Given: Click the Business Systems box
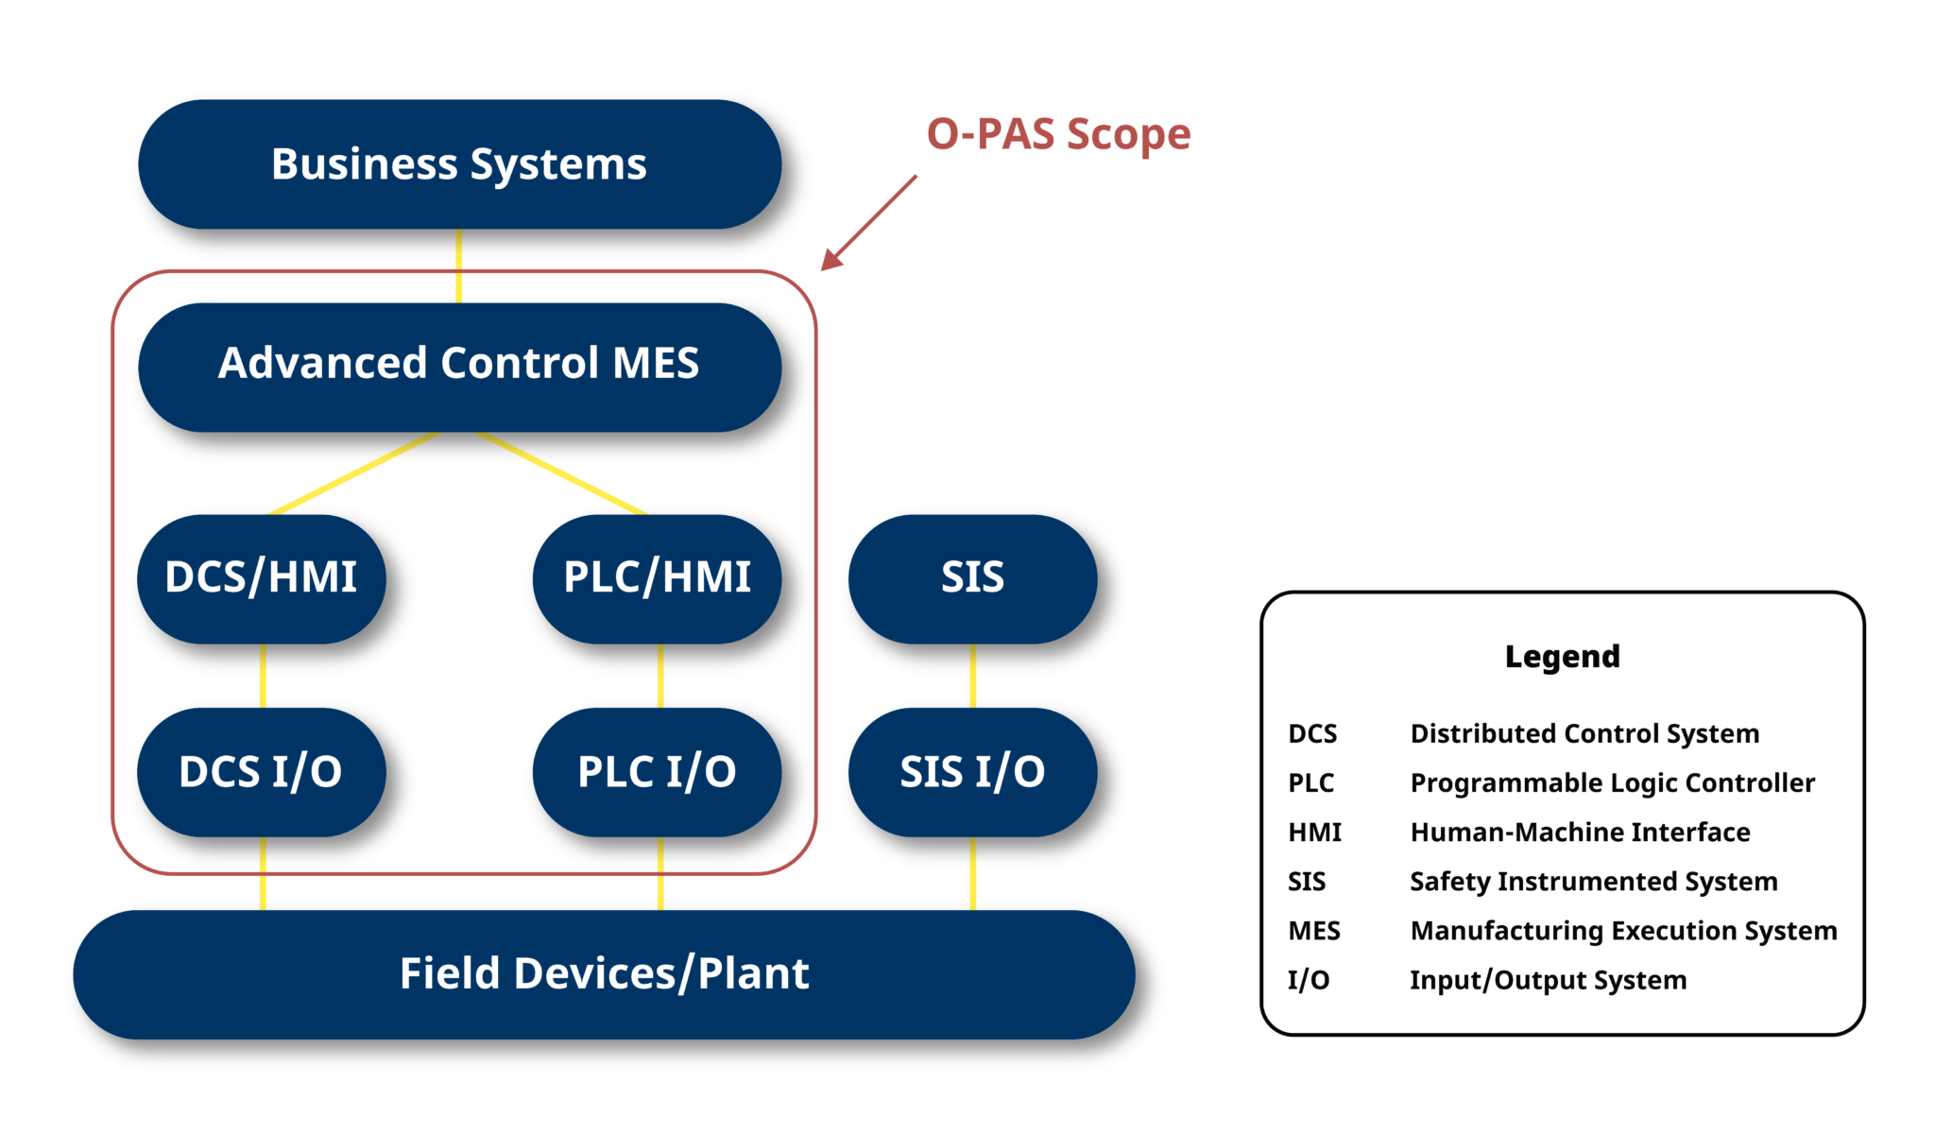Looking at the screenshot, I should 459,164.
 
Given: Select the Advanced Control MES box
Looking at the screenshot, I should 459,366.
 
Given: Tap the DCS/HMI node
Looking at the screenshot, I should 261,577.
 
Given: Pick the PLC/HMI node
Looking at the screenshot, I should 657,577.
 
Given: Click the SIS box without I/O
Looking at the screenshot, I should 972,577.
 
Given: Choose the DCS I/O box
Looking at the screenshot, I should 261,771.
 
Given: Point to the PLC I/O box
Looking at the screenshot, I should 657,771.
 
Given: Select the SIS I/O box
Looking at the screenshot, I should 972,771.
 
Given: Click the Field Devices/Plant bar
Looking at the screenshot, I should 604,973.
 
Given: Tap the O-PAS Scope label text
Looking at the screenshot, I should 1058,134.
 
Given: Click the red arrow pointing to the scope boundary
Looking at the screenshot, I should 869,223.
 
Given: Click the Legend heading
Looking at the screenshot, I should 1562,656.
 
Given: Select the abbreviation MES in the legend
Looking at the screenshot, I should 1313,931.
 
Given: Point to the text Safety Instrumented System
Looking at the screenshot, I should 1593,882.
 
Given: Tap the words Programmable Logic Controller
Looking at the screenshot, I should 1612,783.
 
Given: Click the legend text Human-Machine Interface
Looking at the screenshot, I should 1580,833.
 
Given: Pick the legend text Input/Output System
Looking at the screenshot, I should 1548,980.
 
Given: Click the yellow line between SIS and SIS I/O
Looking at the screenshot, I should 972,675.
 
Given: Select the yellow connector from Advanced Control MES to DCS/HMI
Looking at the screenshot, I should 355,473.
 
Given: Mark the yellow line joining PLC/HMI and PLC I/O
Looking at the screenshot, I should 659,675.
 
